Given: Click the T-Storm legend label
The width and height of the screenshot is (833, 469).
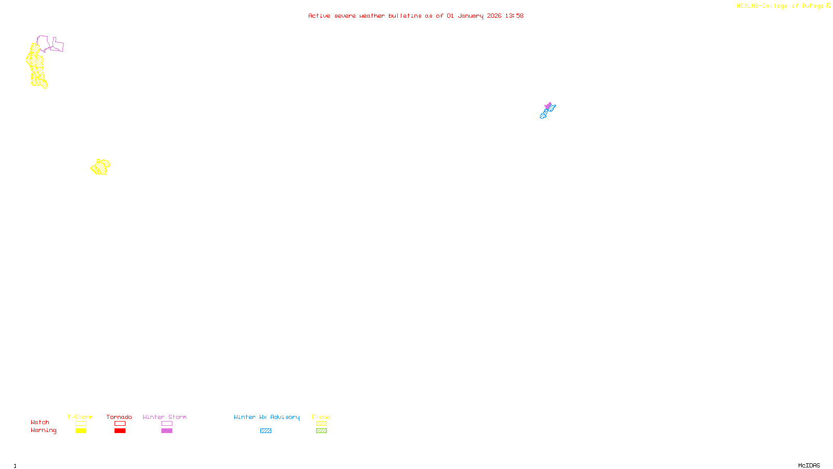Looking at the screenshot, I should click(80, 417).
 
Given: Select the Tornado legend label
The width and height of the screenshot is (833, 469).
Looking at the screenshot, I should click(119, 417).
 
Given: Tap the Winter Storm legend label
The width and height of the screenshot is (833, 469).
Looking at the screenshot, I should click(165, 417).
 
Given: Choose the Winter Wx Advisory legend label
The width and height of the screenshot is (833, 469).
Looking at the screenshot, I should click(267, 417).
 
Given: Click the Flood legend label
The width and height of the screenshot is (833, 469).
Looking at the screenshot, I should click(321, 417).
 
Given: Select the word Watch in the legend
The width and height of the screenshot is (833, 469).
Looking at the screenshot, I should click(40, 423).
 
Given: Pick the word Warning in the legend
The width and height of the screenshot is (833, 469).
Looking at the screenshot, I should click(43, 430).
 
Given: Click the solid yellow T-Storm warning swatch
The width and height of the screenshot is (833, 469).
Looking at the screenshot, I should click(81, 431).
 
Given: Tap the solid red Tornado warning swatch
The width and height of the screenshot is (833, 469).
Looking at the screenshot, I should click(120, 431).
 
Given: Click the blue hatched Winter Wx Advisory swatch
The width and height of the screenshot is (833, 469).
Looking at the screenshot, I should click(266, 431).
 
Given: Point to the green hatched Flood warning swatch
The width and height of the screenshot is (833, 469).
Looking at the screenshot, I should click(321, 431).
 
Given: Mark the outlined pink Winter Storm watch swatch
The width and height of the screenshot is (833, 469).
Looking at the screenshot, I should click(167, 424).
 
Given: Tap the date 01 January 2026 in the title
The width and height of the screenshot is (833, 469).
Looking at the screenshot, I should click(474, 16).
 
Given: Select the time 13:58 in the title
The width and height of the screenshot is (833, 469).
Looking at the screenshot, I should click(514, 16).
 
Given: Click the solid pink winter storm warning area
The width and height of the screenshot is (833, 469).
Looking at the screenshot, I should click(548, 106).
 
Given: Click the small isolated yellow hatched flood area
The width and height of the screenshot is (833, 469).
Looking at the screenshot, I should click(100, 167).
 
